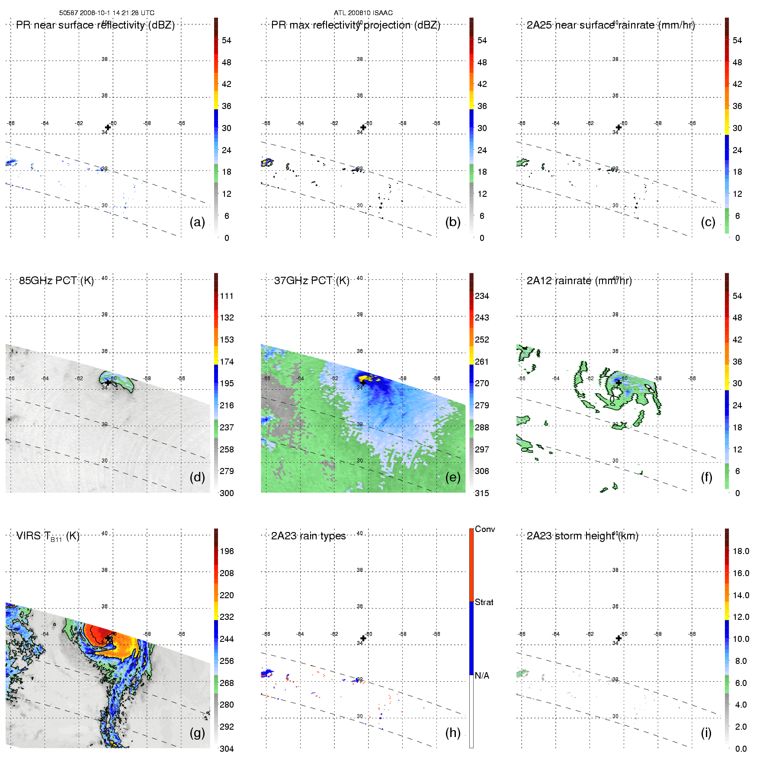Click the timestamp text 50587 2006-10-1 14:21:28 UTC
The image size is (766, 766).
[107, 13]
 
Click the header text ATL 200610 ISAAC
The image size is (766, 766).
[363, 13]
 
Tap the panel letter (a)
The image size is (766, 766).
[197, 222]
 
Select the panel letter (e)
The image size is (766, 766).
[453, 477]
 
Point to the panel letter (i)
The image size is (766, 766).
[706, 733]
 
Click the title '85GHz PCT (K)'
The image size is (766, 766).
[56, 281]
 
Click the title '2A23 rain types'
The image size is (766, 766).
[308, 536]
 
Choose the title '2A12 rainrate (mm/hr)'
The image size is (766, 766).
[579, 281]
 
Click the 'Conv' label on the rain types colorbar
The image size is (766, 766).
[485, 529]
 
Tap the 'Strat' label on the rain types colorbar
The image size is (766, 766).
[484, 602]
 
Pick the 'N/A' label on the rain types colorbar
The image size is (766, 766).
[483, 676]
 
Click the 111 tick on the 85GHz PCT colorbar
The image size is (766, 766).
[227, 296]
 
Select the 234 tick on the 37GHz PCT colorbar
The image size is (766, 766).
[482, 296]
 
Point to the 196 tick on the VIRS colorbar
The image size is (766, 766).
[227, 551]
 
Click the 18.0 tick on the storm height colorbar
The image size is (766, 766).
[741, 551]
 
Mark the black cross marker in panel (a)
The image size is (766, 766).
[108, 128]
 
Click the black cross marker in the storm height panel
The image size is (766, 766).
[619, 638]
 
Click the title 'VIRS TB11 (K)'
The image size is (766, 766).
[48, 536]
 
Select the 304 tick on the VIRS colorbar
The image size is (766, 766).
[227, 749]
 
